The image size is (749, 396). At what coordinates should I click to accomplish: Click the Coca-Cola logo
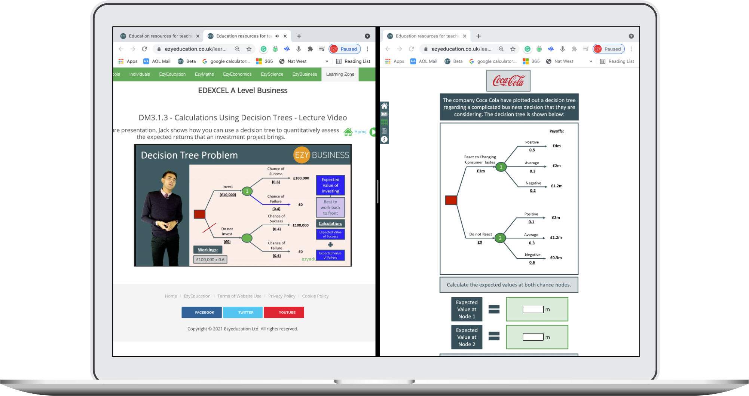point(508,81)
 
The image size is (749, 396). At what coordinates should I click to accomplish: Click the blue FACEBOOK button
point(201,312)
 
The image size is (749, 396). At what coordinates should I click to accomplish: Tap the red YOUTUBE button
point(284,312)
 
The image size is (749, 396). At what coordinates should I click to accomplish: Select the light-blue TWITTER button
point(243,312)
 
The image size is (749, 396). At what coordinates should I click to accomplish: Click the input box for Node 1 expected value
point(533,310)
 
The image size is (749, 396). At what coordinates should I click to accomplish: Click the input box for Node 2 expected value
point(533,337)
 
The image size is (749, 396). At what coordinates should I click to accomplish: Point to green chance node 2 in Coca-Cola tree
point(500,238)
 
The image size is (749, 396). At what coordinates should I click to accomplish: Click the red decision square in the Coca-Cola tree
point(451,200)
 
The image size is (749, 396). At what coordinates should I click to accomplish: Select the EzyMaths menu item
point(204,74)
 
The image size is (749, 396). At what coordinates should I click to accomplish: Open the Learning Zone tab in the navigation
point(340,74)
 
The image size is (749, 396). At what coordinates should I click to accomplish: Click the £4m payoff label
point(556,146)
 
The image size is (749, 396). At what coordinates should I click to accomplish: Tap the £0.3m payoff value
point(556,258)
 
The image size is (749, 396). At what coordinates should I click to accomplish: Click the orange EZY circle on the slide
point(302,155)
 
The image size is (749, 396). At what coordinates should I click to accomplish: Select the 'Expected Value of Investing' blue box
point(330,185)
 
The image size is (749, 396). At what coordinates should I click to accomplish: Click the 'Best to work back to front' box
point(330,207)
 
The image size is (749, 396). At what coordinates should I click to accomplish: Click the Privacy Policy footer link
point(281,296)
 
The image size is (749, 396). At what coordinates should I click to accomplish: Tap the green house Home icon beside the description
point(348,132)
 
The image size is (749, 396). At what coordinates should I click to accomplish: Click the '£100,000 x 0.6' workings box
point(210,259)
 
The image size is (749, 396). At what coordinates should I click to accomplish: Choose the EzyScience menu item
point(272,74)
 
